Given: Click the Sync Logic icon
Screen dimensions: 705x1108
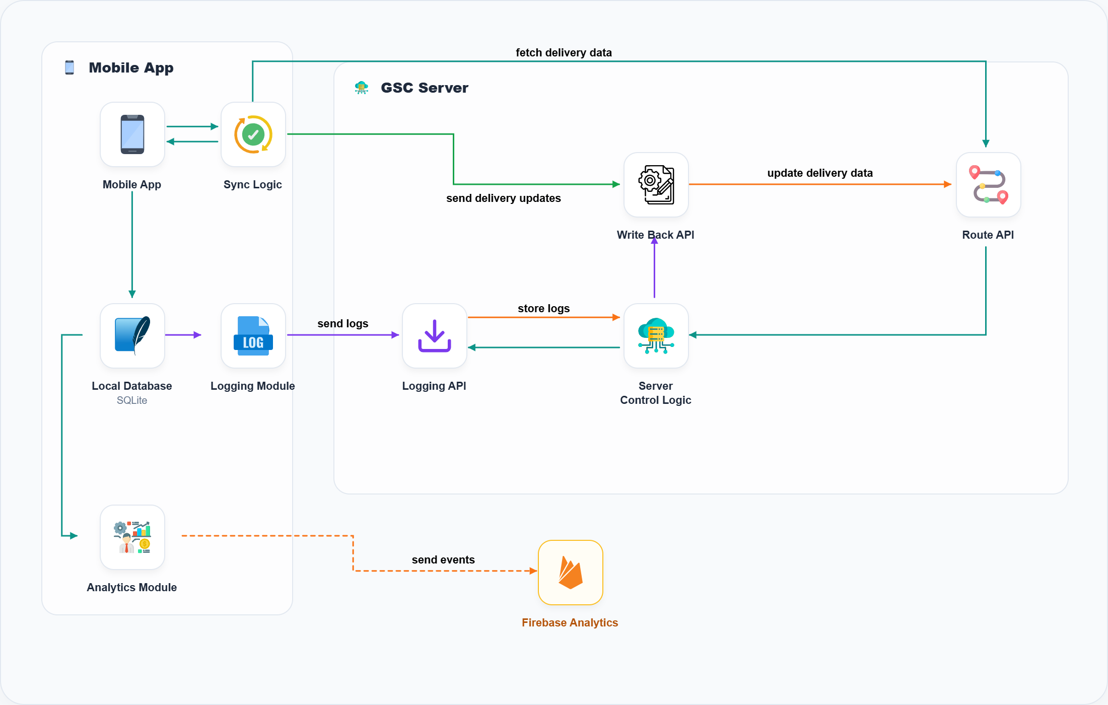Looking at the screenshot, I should point(253,134).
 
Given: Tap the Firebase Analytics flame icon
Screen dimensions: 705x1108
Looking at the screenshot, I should point(570,573).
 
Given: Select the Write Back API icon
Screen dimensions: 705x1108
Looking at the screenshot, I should point(656,185).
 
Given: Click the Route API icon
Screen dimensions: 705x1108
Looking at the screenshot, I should point(988,185).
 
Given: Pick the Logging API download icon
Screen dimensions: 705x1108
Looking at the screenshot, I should point(434,336).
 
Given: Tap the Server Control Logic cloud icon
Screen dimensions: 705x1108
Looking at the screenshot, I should point(656,336).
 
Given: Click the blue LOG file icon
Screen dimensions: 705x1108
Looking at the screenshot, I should point(253,336).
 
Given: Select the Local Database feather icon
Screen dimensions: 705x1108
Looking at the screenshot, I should point(132,336).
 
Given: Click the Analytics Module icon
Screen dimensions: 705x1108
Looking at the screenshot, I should point(132,537).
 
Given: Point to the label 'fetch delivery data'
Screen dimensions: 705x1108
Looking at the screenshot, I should point(564,52).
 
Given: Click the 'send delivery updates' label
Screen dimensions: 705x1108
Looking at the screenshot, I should point(503,198).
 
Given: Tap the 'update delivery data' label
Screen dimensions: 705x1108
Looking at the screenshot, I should point(819,173).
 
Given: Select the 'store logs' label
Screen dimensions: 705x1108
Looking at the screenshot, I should point(543,308).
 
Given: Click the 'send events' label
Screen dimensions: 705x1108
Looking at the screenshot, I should point(443,559).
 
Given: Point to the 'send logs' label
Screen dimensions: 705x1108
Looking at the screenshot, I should point(342,323).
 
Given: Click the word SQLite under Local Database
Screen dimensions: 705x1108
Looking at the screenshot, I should point(132,400).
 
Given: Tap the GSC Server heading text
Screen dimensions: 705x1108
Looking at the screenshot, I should point(424,88).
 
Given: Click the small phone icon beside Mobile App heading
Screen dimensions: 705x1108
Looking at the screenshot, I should point(70,67).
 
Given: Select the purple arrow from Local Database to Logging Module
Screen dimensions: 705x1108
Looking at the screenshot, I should point(183,335).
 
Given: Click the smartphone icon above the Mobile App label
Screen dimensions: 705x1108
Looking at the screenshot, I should point(132,134).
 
